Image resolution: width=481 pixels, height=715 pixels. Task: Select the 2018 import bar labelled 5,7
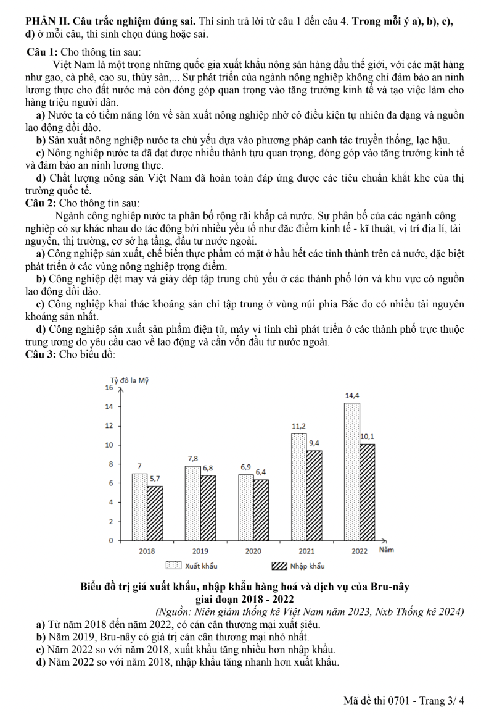(x=155, y=512)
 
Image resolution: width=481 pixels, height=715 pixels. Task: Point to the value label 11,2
(x=298, y=426)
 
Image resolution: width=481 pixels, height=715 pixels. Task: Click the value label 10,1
(x=368, y=437)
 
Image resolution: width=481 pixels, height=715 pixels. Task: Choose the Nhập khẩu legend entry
(x=298, y=566)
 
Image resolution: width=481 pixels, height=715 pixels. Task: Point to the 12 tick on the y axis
(x=109, y=426)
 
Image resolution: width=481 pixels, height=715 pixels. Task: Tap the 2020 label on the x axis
(x=253, y=550)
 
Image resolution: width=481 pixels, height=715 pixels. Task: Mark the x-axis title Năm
(x=386, y=550)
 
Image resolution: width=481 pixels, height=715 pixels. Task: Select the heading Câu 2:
(x=41, y=203)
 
